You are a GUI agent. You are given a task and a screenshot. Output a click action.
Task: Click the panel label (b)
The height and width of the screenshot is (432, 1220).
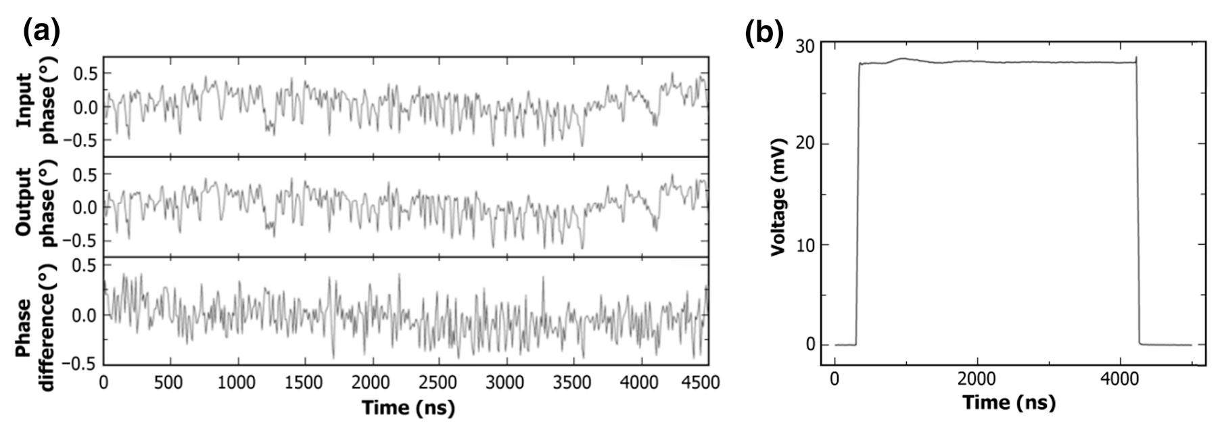pos(764,31)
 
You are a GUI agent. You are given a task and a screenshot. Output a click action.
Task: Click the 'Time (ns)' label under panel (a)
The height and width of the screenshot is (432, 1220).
pos(408,408)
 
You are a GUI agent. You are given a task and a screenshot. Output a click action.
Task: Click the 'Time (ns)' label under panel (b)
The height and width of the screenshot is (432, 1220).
pos(1008,403)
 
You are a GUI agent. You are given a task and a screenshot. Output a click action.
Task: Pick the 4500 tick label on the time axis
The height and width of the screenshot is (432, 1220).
pos(703,382)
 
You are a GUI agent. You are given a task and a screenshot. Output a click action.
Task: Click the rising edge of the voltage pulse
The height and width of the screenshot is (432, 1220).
pos(858,203)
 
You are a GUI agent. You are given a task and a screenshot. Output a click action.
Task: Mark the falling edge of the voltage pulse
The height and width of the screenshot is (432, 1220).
pos(1137,203)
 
